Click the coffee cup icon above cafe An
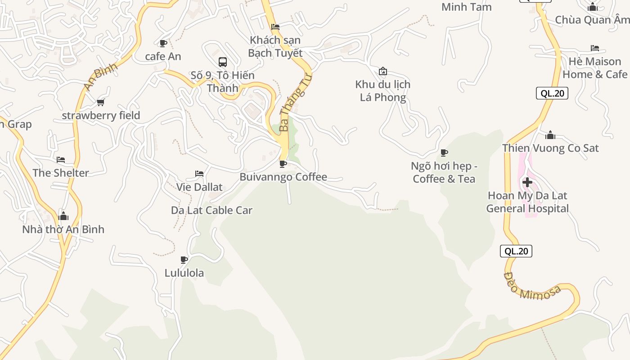point(163,43)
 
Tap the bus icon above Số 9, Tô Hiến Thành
point(222,62)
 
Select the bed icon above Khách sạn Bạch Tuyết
point(275,27)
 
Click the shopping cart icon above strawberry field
point(101,103)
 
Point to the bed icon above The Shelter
point(61,160)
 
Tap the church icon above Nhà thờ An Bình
point(63,216)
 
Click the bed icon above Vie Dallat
point(199,174)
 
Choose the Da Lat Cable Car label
point(211,210)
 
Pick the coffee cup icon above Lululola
point(184,260)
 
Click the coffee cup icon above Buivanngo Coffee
point(283,164)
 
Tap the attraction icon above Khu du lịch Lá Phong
point(383,71)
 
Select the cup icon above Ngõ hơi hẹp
point(444,153)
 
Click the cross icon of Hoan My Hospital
point(527,182)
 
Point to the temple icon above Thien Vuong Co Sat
point(550,135)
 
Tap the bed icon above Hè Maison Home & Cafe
point(595,48)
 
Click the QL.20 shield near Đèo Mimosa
point(516,251)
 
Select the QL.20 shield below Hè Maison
point(552,93)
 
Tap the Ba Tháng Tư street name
point(295,103)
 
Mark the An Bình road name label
point(101,76)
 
